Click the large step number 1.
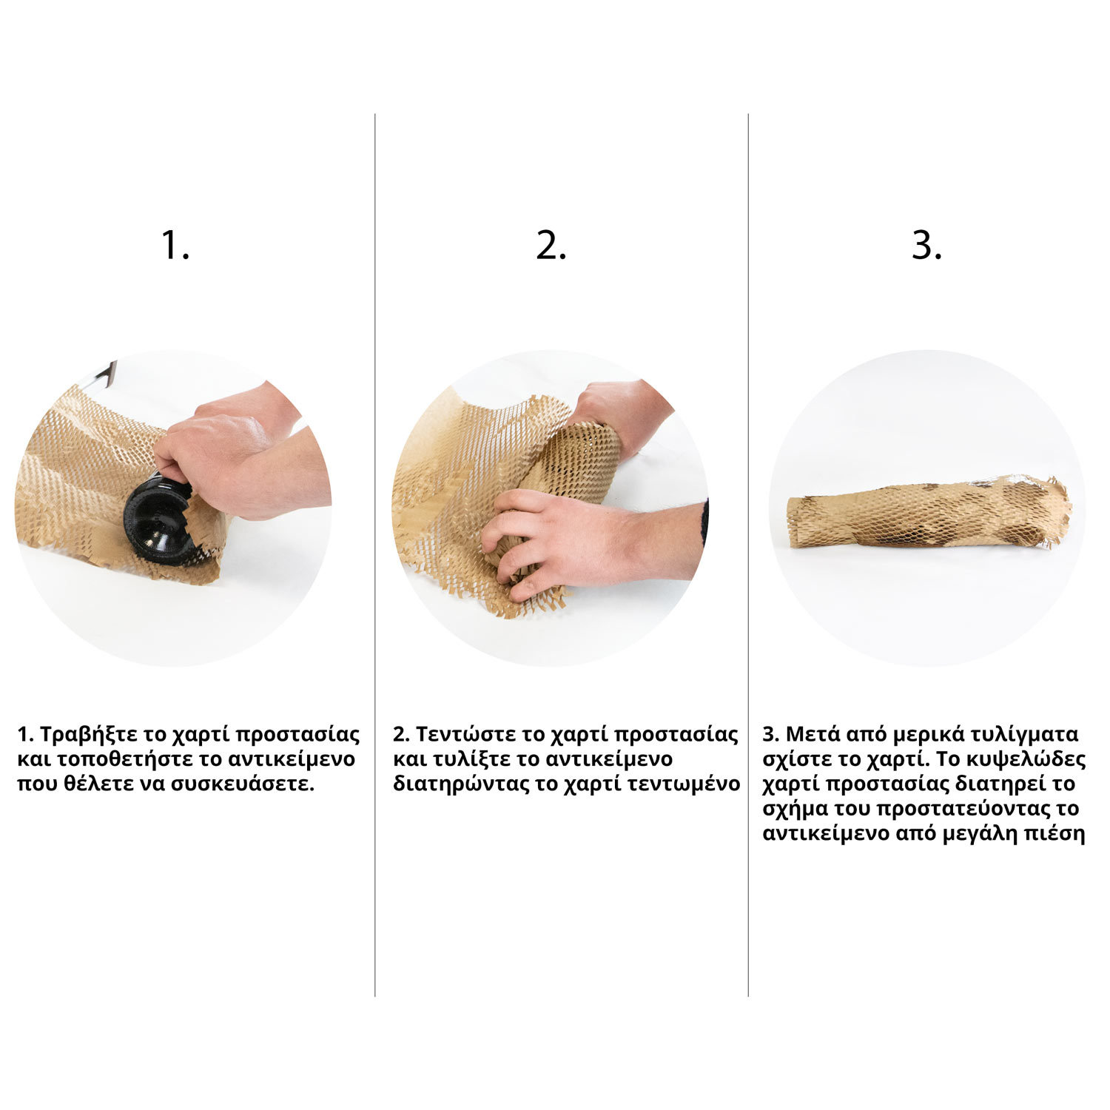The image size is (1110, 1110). tap(175, 245)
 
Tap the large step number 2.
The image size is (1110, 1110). tap(551, 245)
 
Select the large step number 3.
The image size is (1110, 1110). tap(926, 245)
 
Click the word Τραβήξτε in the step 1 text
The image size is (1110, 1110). tap(88, 735)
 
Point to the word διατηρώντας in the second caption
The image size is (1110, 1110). tap(460, 784)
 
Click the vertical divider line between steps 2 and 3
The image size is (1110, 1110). tap(748, 555)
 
